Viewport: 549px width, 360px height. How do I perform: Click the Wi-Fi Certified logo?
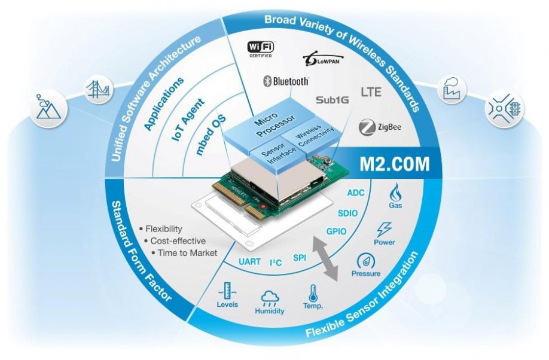(x=261, y=49)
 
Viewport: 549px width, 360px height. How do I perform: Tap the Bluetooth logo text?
(x=286, y=81)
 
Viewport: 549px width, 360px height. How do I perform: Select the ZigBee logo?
(x=380, y=127)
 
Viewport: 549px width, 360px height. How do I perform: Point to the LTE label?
(x=371, y=91)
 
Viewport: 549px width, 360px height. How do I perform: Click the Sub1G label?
(x=333, y=100)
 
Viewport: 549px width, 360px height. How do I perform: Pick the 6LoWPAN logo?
(x=323, y=60)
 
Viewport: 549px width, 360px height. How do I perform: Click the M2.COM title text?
(x=395, y=164)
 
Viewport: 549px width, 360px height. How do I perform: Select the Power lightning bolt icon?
(x=384, y=230)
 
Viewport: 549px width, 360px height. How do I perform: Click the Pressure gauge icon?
(x=365, y=261)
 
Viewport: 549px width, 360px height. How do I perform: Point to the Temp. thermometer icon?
(x=313, y=293)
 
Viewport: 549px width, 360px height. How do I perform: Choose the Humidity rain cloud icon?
(x=270, y=298)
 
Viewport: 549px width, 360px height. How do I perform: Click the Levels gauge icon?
(x=227, y=291)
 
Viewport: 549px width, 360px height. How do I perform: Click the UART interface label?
(x=249, y=261)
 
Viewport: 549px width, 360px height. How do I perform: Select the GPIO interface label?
(x=336, y=231)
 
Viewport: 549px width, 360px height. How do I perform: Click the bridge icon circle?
(x=98, y=90)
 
